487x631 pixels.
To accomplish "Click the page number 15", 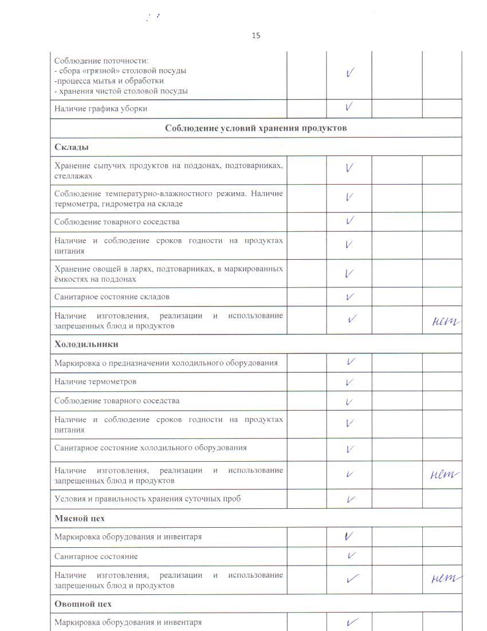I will [256, 36].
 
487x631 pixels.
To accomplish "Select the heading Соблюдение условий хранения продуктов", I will [256, 128].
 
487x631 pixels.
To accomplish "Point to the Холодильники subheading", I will [86, 344].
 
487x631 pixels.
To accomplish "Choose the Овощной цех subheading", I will [83, 604].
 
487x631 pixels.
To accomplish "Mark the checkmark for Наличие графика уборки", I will [349, 107].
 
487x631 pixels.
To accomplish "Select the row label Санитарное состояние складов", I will [112, 297].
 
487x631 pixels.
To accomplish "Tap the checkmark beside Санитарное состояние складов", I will [349, 297].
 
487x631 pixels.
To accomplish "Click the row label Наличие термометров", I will [95, 381].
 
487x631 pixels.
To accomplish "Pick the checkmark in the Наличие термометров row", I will [349, 382].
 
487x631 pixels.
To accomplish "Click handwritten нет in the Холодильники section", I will [445, 474].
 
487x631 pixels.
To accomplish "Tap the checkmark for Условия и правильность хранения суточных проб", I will [349, 499].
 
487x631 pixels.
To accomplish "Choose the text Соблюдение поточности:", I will [101, 61].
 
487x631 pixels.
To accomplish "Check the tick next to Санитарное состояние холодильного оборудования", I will [349, 449].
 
